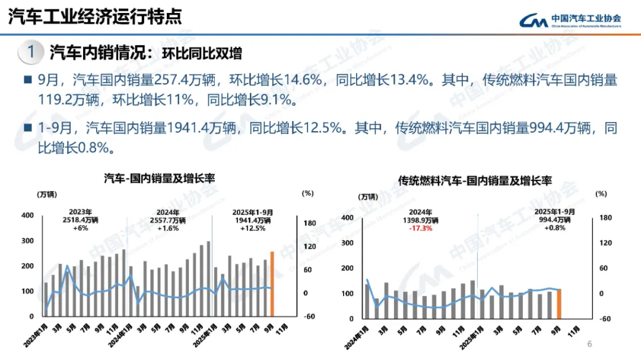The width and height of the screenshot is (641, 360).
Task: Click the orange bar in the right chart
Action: pyautogui.click(x=559, y=302)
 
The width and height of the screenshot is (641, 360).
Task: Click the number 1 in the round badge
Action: pyautogui.click(x=31, y=52)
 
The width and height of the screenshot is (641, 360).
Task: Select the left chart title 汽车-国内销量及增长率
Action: pyautogui.click(x=160, y=178)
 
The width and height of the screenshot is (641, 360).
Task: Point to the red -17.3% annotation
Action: pyautogui.click(x=420, y=228)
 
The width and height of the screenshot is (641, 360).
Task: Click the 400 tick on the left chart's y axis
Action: pyautogui.click(x=27, y=215)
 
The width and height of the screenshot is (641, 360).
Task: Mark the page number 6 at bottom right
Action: pyautogui.click(x=589, y=344)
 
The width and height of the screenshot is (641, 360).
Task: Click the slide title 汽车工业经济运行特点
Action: pyautogui.click(x=94, y=16)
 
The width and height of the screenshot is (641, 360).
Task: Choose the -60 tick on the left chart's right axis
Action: pyautogui.click(x=308, y=316)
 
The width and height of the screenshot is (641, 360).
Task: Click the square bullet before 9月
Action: pyautogui.click(x=27, y=80)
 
